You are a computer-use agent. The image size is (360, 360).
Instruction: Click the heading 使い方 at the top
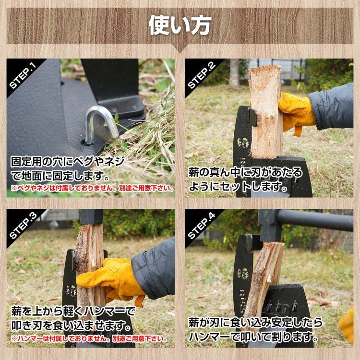point(180,24)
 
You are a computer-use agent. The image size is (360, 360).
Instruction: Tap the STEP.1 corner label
point(22,74)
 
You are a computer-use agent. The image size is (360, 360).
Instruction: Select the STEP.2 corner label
point(201,74)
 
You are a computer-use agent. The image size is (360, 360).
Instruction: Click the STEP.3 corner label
point(22,225)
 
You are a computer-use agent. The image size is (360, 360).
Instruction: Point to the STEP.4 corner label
point(201,225)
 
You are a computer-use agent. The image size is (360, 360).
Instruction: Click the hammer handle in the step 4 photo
point(317,220)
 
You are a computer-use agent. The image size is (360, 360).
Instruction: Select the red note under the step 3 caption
point(89,338)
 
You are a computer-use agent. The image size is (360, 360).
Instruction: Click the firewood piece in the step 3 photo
point(88,269)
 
